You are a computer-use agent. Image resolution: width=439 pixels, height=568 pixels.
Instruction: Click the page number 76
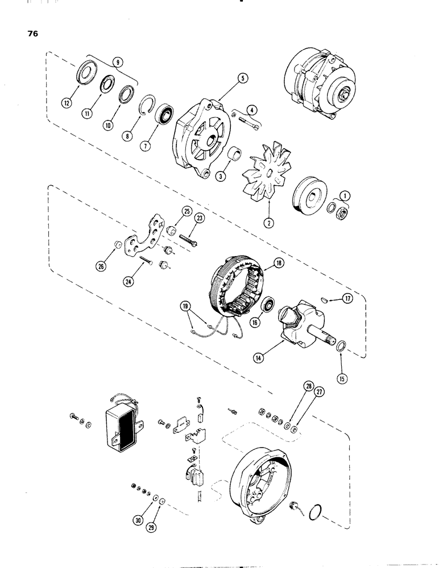pos(31,33)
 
